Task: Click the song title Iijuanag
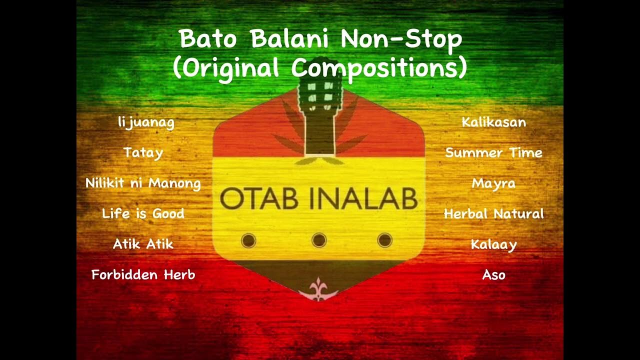(x=146, y=122)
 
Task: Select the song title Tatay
(x=143, y=152)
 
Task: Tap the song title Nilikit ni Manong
(x=143, y=183)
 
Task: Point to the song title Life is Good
(x=143, y=213)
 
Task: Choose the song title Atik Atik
(x=143, y=244)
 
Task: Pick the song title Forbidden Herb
(x=143, y=274)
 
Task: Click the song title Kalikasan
(x=493, y=122)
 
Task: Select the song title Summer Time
(x=493, y=152)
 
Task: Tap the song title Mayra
(x=493, y=183)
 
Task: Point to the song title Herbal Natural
(x=493, y=214)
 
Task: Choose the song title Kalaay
(x=493, y=244)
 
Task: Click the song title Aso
(x=493, y=274)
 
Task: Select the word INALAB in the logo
(x=363, y=199)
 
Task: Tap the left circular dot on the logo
(x=248, y=241)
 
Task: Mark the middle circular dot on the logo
(x=319, y=240)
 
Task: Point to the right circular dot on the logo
(x=384, y=240)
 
